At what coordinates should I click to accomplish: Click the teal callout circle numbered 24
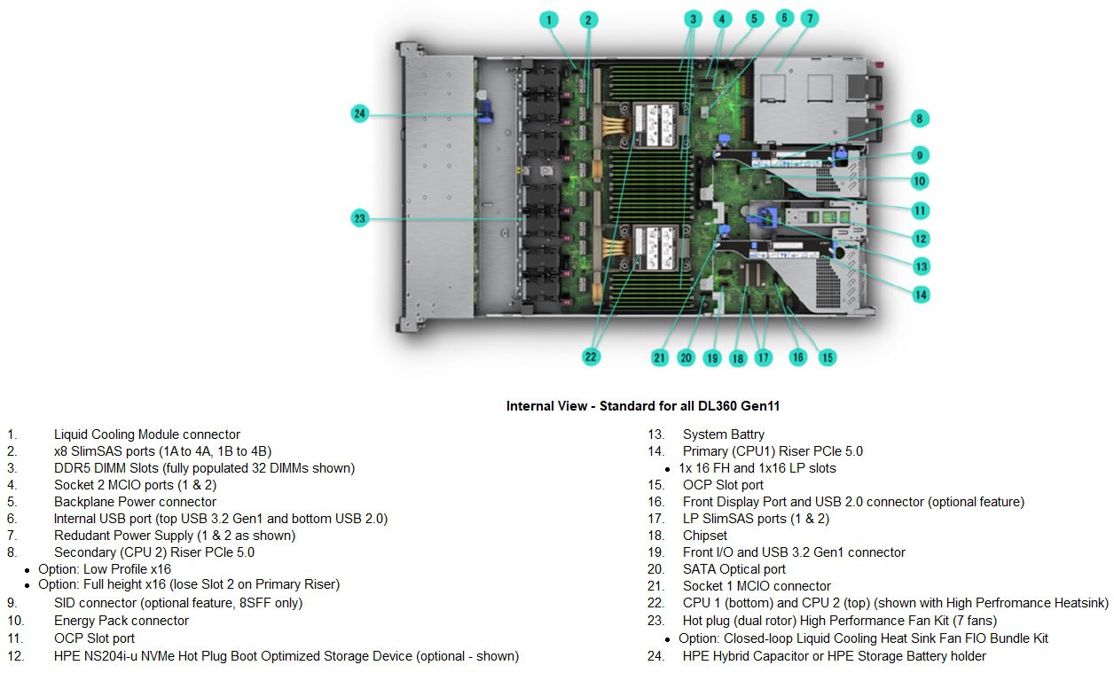(x=359, y=113)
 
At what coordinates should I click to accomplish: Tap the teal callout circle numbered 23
(x=359, y=218)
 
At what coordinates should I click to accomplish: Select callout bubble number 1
(x=550, y=19)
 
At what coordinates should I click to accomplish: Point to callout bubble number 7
(x=812, y=18)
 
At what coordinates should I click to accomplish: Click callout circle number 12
(x=921, y=238)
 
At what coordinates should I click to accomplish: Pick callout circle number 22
(x=591, y=356)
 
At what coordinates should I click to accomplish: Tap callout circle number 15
(x=827, y=357)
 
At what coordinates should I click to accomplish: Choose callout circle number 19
(x=712, y=358)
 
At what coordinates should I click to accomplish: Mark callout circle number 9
(x=921, y=155)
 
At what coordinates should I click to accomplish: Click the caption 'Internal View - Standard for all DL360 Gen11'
(x=643, y=406)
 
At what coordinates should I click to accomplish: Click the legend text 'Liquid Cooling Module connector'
(x=146, y=434)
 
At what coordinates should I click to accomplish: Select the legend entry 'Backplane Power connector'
(x=135, y=502)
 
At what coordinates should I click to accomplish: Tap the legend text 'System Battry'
(x=723, y=434)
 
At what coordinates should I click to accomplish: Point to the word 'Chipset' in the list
(x=704, y=536)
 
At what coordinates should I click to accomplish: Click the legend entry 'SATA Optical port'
(x=734, y=569)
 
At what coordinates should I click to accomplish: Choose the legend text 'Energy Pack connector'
(x=121, y=621)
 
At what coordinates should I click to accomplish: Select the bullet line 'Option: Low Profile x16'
(x=105, y=569)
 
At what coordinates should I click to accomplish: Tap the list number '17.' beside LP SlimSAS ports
(x=655, y=519)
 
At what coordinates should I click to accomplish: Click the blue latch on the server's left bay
(x=485, y=114)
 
